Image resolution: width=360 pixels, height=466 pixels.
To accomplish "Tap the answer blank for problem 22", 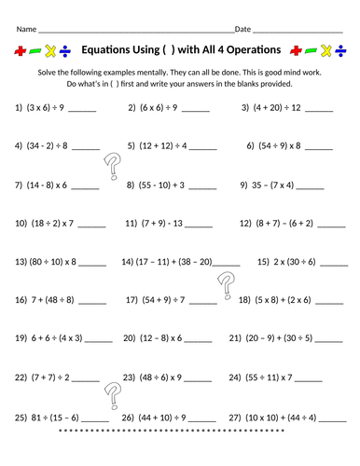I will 85,378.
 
